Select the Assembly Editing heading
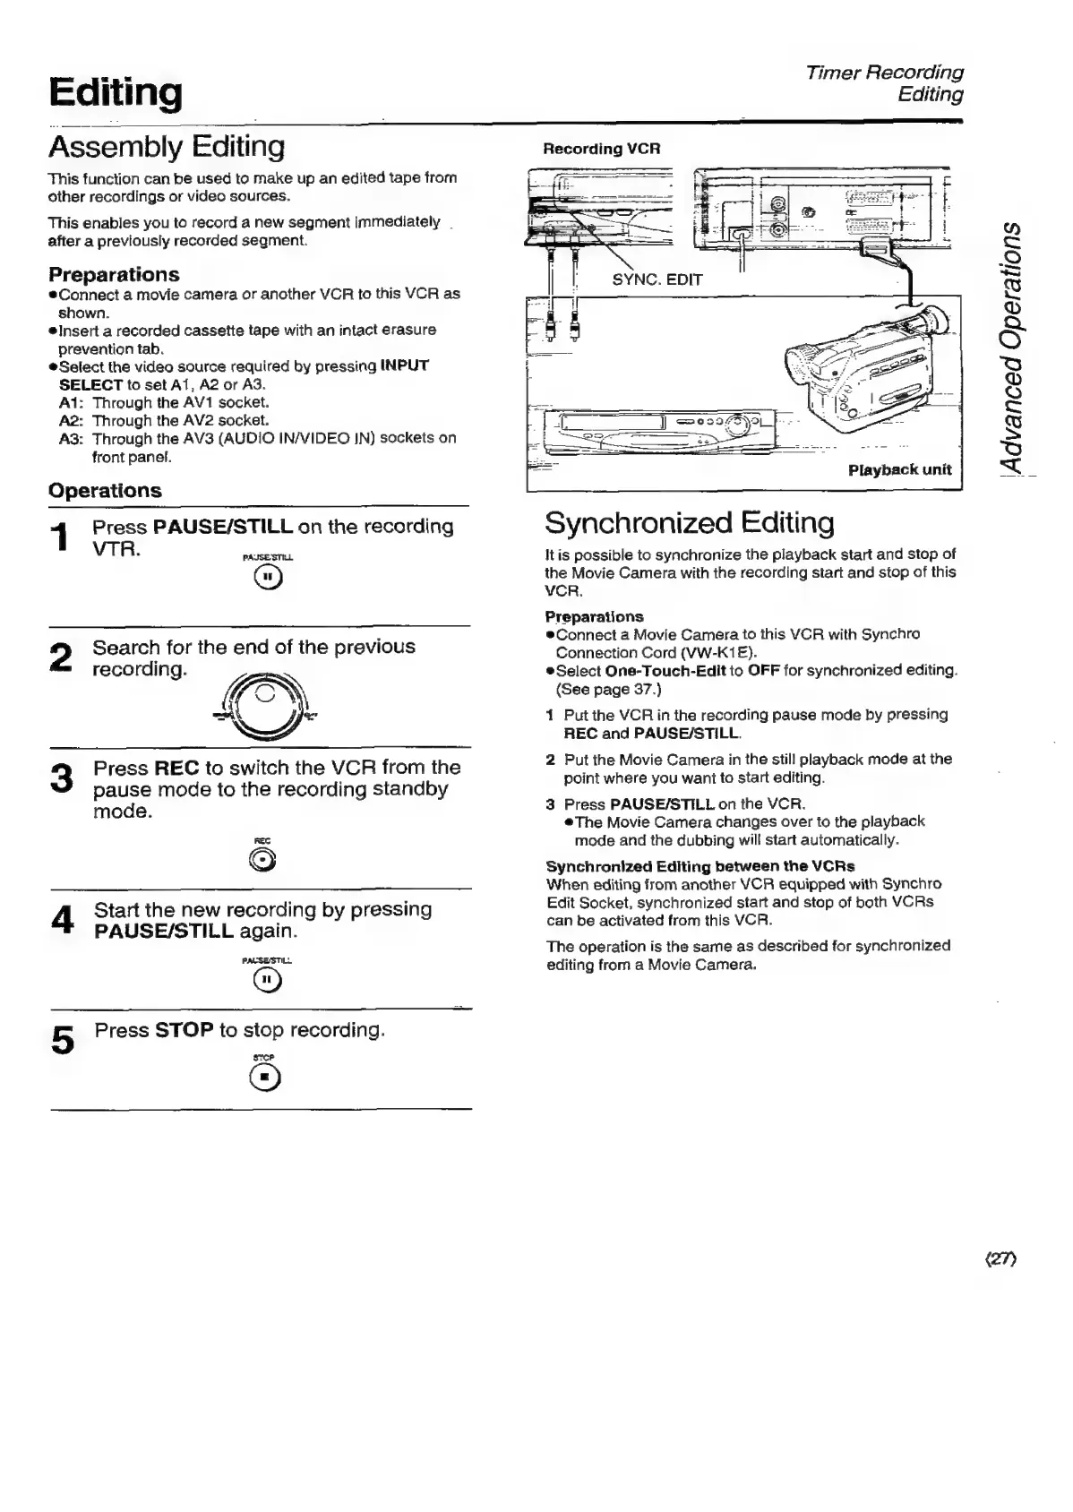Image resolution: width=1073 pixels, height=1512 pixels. pos(167,146)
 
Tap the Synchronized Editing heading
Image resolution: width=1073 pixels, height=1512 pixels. pos(689,522)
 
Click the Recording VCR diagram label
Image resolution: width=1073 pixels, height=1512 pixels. pos(601,149)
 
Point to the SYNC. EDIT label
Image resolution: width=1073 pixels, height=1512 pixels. pos(657,279)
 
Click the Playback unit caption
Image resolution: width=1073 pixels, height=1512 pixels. pos(899,469)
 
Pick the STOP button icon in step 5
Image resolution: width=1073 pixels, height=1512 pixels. pos(266,1080)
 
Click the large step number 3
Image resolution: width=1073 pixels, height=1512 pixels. pos(62,777)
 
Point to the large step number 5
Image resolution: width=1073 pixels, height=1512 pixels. pos(63,1040)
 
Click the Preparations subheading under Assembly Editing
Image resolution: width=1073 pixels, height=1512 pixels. pos(114,274)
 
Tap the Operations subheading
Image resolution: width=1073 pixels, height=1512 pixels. pos(105,491)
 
